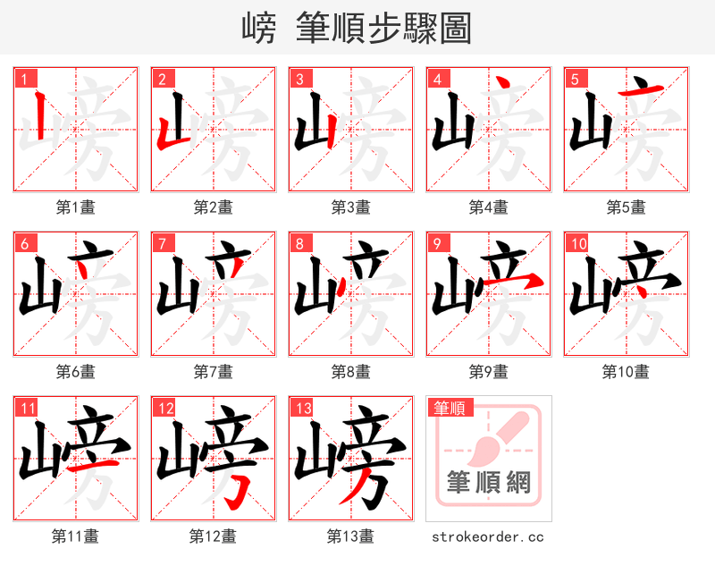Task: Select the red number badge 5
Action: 574,79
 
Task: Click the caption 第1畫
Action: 75,207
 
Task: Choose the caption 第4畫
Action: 488,207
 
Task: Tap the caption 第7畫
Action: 213,371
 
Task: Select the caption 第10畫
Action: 626,371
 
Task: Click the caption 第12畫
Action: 213,536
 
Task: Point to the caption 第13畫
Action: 350,536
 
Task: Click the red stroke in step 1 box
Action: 38,119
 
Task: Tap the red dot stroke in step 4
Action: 504,84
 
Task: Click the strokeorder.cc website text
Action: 488,536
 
